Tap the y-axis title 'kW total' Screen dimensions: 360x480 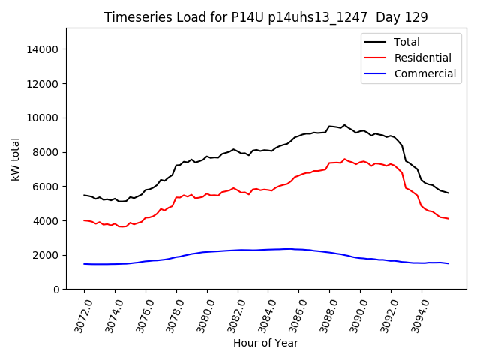[x=16, y=159]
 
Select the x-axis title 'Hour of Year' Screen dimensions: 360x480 [x=265, y=343]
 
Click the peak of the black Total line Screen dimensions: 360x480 [x=344, y=125]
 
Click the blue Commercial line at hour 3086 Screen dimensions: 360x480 [x=298, y=249]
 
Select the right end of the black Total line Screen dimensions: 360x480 [x=448, y=193]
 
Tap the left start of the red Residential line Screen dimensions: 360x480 [x=84, y=220]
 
